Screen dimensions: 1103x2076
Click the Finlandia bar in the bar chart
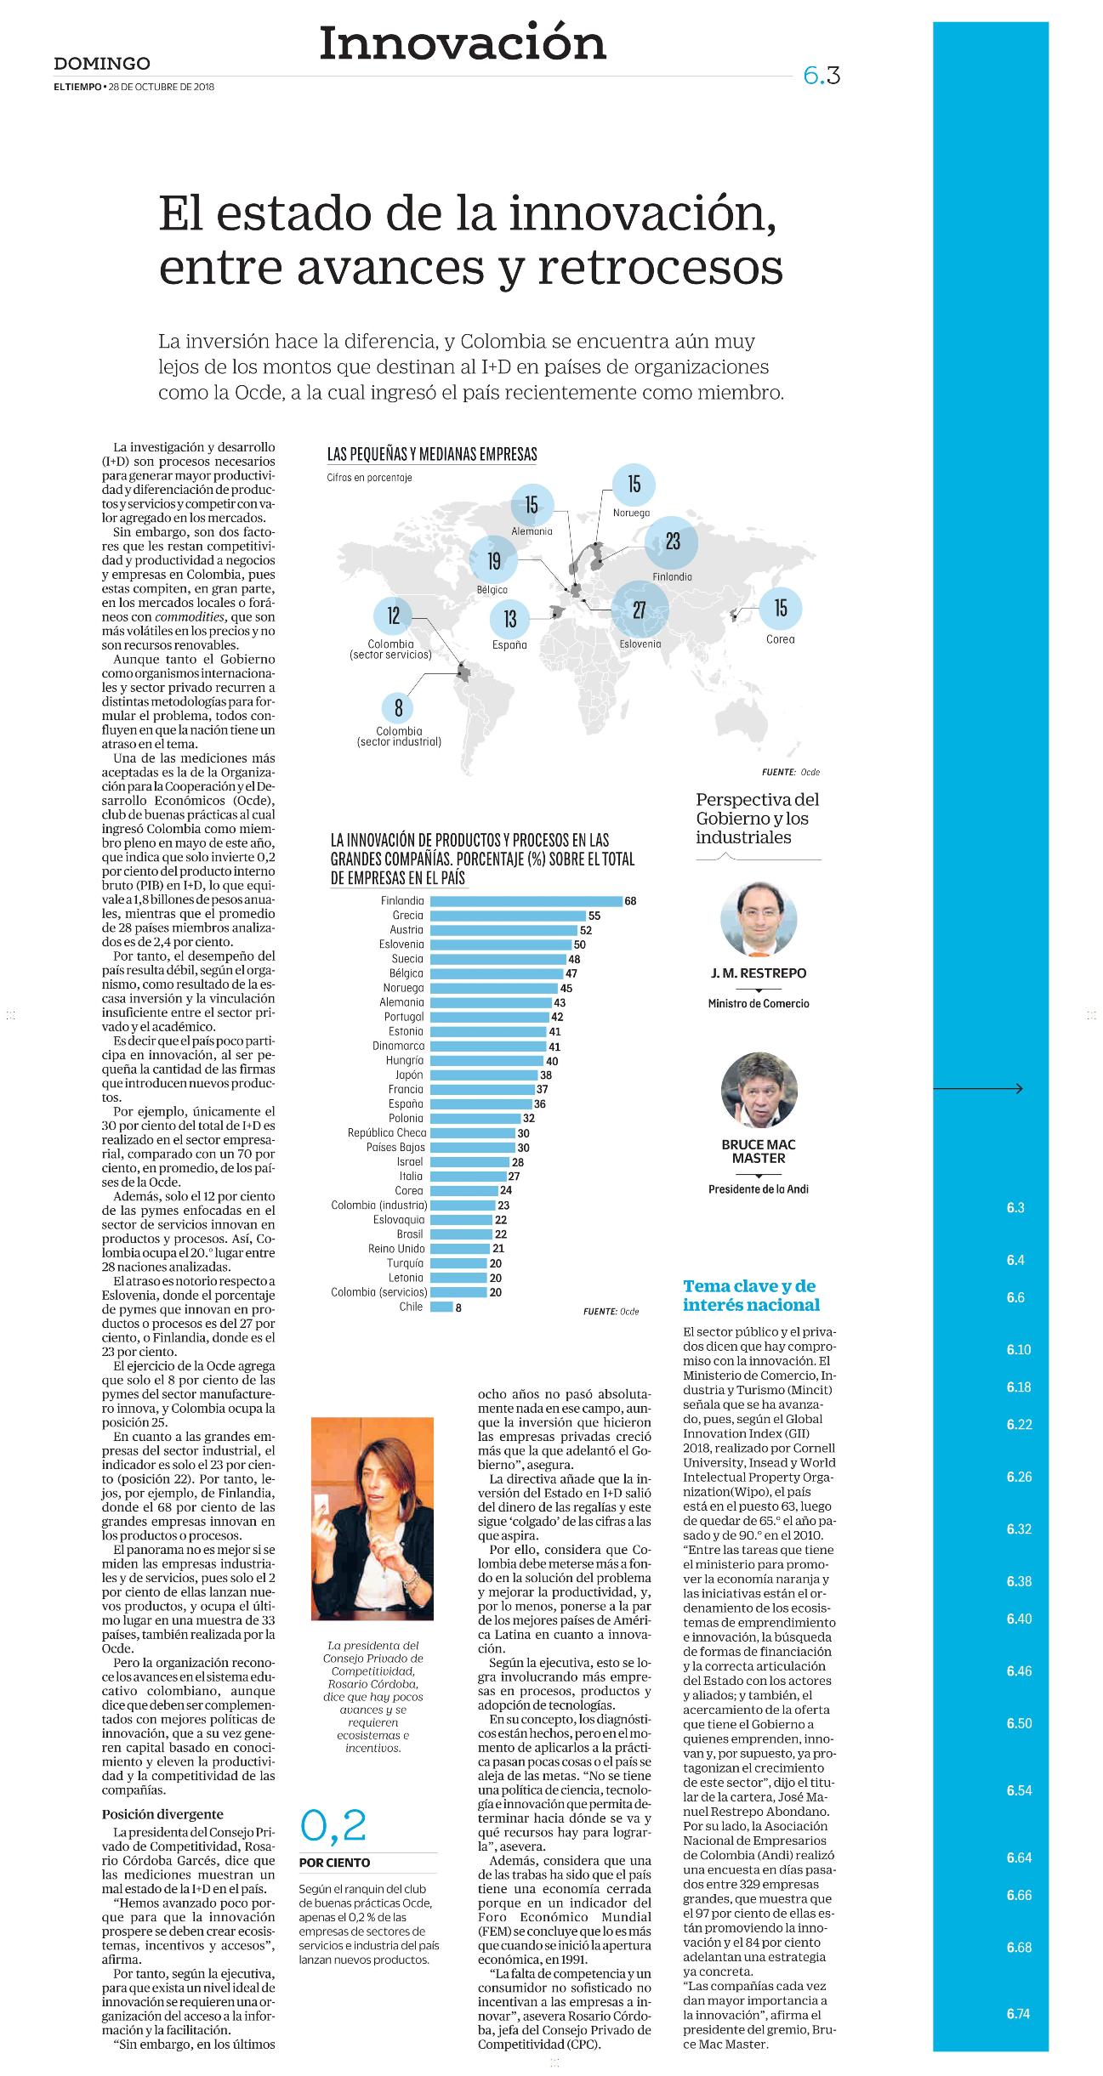(x=526, y=901)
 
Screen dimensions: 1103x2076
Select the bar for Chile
(x=441, y=1307)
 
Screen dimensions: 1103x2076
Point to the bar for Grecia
(x=508, y=916)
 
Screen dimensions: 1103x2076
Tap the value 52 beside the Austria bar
(x=586, y=930)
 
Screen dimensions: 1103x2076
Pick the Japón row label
(x=409, y=1075)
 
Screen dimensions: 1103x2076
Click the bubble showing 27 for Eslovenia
(x=640, y=609)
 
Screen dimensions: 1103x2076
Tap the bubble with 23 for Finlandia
(x=673, y=542)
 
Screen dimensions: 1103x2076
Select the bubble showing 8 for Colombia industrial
(x=398, y=707)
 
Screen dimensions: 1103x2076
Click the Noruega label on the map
(x=631, y=513)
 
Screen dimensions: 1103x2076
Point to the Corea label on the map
(x=780, y=639)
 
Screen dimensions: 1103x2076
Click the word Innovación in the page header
(x=463, y=43)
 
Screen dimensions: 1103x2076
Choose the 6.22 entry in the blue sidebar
(x=1018, y=1424)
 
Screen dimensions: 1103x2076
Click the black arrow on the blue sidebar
(x=978, y=1088)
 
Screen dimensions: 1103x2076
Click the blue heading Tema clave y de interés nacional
(x=751, y=1295)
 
